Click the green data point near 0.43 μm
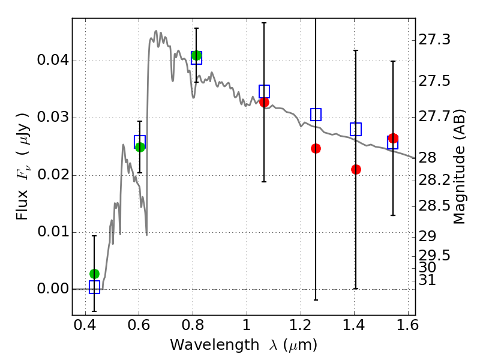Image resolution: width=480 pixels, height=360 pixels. [x=94, y=274]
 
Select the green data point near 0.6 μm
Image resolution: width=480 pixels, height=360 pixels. [x=140, y=147]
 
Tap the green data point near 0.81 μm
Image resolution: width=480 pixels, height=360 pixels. [x=196, y=55]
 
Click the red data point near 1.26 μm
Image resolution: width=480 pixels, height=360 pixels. [x=316, y=148]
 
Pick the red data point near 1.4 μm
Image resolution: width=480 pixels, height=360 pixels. [x=356, y=169]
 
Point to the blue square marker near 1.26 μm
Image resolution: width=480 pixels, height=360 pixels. [x=316, y=115]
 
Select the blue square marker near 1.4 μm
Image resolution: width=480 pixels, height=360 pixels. [x=356, y=129]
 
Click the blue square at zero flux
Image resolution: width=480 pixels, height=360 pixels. [x=94, y=287]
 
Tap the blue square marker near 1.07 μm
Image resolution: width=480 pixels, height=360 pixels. [x=264, y=91]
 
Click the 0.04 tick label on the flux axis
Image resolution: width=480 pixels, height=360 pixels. [x=52, y=61]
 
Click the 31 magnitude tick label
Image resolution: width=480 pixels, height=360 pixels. [x=430, y=280]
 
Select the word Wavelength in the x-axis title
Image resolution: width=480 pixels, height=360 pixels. [x=203, y=345]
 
